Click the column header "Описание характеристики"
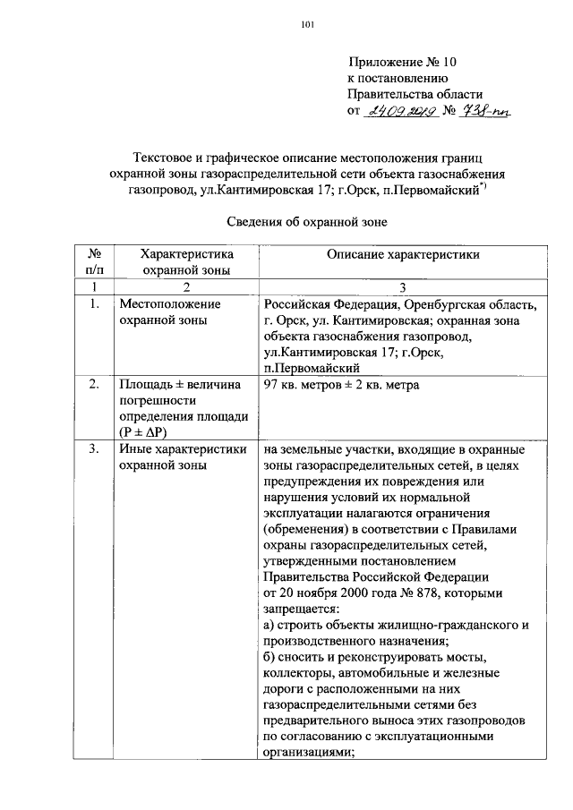pyautogui.click(x=403, y=254)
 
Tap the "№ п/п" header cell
pyautogui.click(x=94, y=261)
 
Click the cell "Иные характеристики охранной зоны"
pyautogui.click(x=183, y=457)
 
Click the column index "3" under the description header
pyautogui.click(x=403, y=285)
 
